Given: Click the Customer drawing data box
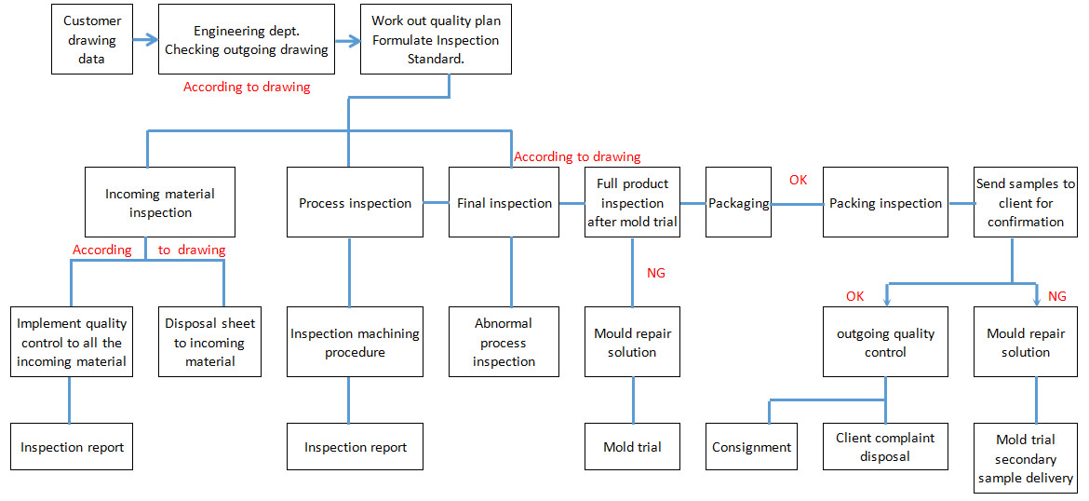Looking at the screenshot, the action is click(x=91, y=40).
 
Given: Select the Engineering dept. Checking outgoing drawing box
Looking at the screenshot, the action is click(x=247, y=40).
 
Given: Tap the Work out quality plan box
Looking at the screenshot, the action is click(x=436, y=40).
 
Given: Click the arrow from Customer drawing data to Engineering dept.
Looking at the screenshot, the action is click(x=145, y=40).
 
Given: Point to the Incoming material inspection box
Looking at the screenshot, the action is click(x=160, y=202).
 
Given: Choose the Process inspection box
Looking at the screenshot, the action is click(x=355, y=203).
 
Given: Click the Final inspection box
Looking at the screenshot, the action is click(x=504, y=203).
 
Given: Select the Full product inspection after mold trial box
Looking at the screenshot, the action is click(x=632, y=203).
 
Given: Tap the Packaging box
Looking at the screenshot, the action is click(x=738, y=203).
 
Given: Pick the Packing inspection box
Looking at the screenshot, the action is click(x=885, y=203).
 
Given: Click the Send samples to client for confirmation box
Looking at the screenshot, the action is click(x=1026, y=203).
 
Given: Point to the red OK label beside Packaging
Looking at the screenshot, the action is click(x=798, y=180).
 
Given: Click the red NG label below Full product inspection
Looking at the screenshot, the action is click(x=655, y=273).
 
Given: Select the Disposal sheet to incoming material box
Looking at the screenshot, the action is click(x=209, y=342).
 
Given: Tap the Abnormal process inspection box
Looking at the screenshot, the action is click(x=504, y=342).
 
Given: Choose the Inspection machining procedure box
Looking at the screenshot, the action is click(x=355, y=342).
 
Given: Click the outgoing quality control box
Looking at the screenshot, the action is click(x=885, y=342).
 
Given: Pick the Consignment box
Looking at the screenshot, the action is click(x=751, y=447).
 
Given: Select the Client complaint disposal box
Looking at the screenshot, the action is click(x=885, y=447).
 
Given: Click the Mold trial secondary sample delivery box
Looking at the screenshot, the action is click(x=1026, y=458).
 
